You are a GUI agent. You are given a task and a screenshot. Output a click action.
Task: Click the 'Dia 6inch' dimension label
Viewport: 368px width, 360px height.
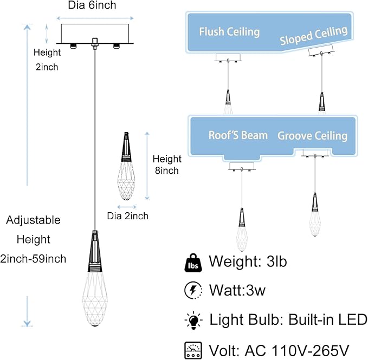coord(92,5)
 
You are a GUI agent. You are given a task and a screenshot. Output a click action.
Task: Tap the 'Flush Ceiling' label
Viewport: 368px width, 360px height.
coord(230,31)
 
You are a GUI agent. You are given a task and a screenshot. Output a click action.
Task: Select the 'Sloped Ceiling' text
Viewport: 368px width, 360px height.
coord(314,35)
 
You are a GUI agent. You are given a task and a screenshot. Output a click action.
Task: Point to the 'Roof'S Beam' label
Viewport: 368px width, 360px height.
coord(238,135)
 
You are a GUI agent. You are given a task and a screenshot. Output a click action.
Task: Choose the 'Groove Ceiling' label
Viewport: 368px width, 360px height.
coord(312,136)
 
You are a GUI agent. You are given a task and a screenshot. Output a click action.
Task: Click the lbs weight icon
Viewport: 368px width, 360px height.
coord(193,263)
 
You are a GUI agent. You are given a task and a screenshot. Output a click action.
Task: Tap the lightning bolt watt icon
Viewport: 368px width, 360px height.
coord(193,290)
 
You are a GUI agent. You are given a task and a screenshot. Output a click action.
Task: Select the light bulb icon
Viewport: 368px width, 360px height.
coord(193,320)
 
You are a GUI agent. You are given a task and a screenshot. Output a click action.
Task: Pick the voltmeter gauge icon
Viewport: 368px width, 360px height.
coord(193,350)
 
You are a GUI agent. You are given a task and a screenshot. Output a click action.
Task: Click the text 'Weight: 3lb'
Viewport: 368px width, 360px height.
coord(248,261)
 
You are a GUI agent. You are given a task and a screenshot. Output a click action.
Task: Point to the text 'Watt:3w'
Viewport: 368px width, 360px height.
coord(237,290)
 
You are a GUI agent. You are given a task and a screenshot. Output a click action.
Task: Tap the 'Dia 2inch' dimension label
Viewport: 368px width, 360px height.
coord(128,216)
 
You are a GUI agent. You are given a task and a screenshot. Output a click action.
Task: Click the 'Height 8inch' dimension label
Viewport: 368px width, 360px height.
coord(167,165)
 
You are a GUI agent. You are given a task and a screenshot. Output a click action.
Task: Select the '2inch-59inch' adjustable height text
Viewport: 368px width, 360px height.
coord(33,259)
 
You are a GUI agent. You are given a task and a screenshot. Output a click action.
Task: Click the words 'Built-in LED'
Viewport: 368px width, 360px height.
coord(328,320)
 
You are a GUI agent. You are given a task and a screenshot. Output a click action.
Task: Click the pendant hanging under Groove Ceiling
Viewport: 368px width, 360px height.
coord(315,215)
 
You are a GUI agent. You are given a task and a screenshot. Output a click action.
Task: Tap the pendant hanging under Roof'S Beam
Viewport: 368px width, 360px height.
coord(242,230)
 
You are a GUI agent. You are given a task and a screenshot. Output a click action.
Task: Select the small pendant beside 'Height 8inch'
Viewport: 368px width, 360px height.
coord(126,166)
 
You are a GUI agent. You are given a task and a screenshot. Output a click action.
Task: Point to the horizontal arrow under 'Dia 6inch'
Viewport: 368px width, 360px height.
coord(95,18)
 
